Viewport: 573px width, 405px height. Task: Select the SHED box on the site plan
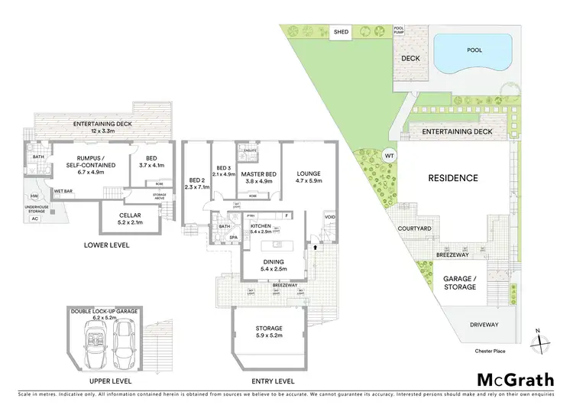(341, 32)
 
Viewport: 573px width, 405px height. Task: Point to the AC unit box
(34, 218)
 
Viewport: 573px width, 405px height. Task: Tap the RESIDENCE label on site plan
(452, 178)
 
